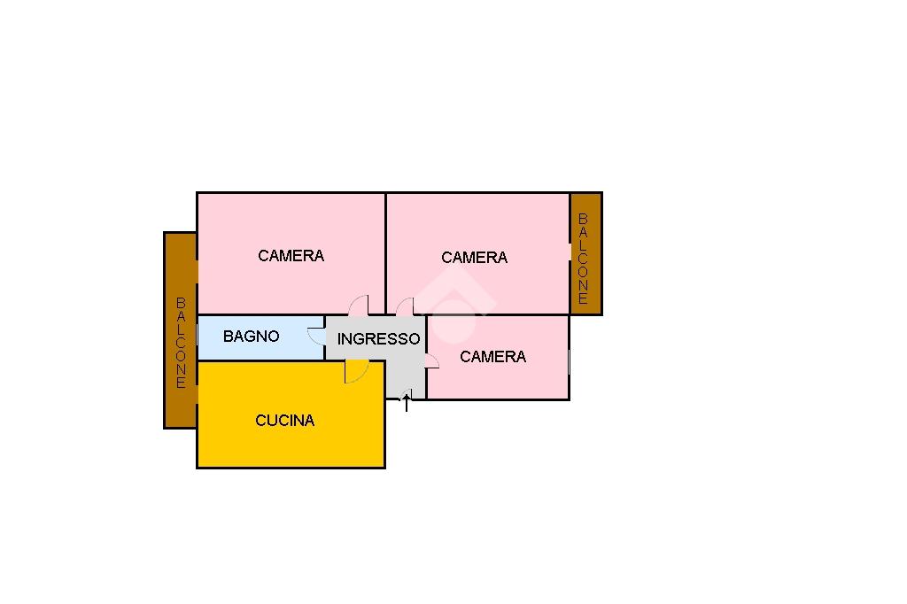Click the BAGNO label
pyautogui.click(x=251, y=337)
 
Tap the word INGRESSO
pyautogui.click(x=378, y=339)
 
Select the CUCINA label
pyautogui.click(x=284, y=421)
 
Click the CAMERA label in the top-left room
pyautogui.click(x=291, y=256)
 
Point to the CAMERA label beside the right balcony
pyautogui.click(x=474, y=258)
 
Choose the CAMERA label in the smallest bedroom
pyautogui.click(x=492, y=357)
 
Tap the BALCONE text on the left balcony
pyautogui.click(x=181, y=343)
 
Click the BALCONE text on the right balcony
pyautogui.click(x=583, y=259)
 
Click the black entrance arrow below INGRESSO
pyautogui.click(x=407, y=404)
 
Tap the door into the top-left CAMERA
pyautogui.click(x=358, y=305)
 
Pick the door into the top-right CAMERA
pyautogui.click(x=404, y=306)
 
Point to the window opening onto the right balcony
pyautogui.click(x=570, y=252)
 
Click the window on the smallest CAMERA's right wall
pyautogui.click(x=569, y=361)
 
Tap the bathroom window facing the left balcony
pyautogui.click(x=197, y=337)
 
